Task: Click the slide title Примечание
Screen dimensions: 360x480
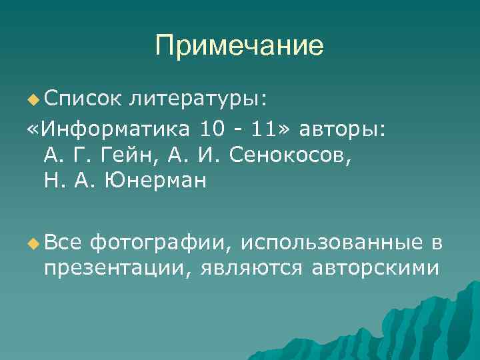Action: pyautogui.click(x=239, y=46)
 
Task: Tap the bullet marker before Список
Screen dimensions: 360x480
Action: pyautogui.click(x=33, y=99)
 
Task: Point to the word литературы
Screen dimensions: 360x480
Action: pyautogui.click(x=198, y=99)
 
